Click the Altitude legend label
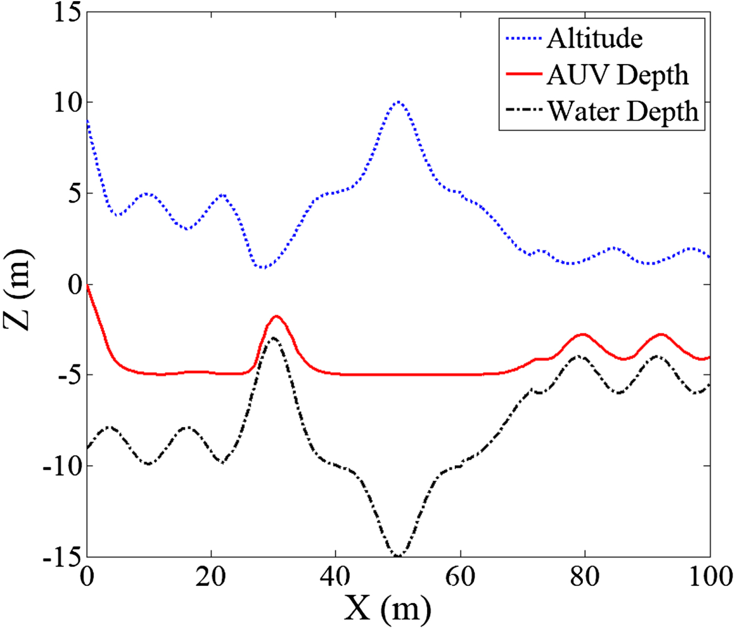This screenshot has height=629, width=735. tap(594, 38)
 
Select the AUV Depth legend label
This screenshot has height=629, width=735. tap(617, 75)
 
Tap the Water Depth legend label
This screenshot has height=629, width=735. tap(623, 111)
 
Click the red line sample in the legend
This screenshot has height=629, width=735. tap(523, 75)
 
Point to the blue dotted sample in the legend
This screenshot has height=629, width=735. tap(523, 38)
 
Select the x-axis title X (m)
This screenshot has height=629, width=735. tap(387, 609)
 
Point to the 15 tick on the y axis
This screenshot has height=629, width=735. tap(68, 12)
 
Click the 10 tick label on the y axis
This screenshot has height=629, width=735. tap(68, 102)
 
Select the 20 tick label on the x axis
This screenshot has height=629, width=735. tap(211, 576)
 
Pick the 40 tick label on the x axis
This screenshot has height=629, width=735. tap(335, 576)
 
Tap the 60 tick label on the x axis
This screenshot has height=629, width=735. tap(460, 576)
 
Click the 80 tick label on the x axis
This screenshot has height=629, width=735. tap(584, 576)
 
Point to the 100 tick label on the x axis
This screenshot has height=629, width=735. tap(709, 576)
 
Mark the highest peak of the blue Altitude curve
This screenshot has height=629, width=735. tap(398, 102)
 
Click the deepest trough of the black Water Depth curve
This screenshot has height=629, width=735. tap(397, 555)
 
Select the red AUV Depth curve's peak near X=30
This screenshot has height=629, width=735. tap(277, 316)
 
